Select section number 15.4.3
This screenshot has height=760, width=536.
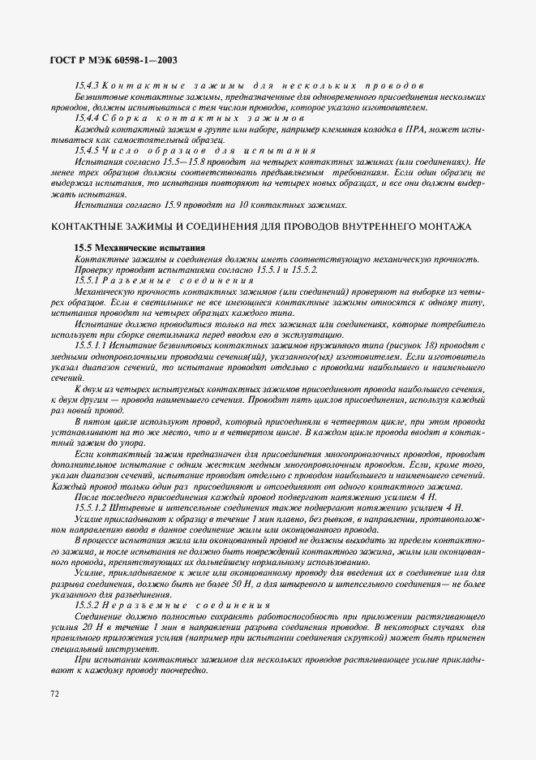click(x=87, y=86)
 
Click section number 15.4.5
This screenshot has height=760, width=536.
click(x=87, y=151)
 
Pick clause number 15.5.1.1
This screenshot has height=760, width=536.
click(x=91, y=345)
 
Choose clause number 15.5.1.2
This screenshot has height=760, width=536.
click(x=91, y=507)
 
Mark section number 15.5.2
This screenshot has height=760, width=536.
click(x=87, y=605)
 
